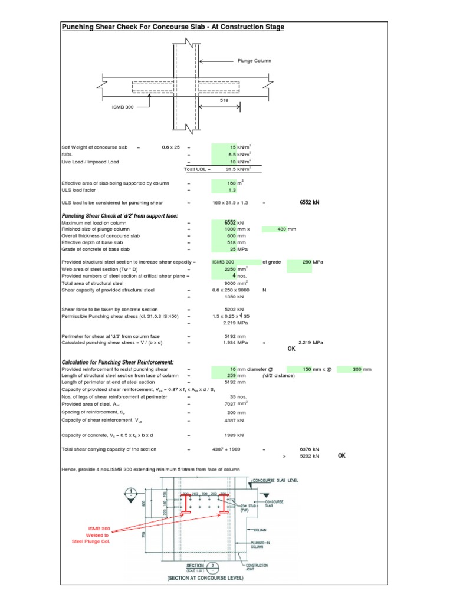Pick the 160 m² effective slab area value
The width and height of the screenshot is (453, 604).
pos(231,183)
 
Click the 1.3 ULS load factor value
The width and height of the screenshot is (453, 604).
pos(231,191)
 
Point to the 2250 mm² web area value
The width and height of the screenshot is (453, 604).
pos(231,268)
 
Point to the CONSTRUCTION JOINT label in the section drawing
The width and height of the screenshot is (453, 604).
pos(257,567)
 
